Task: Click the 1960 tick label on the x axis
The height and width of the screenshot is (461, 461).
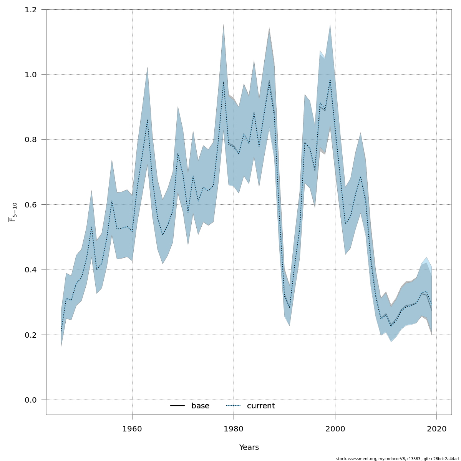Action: point(132,428)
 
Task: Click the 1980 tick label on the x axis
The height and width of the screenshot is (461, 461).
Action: point(234,428)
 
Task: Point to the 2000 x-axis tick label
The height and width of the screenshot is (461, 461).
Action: point(335,428)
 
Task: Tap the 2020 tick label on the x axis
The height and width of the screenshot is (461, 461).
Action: point(436,428)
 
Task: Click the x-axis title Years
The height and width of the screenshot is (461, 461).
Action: point(249,448)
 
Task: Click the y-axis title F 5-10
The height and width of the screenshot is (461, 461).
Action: point(13,212)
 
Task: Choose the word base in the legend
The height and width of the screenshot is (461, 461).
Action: point(200,406)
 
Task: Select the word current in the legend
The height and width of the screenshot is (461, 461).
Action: point(261,406)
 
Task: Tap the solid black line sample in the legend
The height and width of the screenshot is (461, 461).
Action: point(177,406)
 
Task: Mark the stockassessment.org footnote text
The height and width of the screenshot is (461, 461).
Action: point(397,459)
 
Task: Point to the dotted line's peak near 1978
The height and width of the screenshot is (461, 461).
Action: point(224,81)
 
